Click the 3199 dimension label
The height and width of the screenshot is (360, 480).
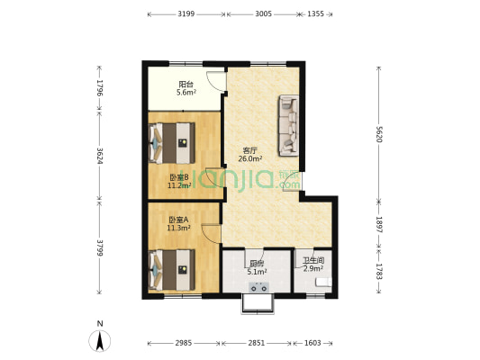(186, 14)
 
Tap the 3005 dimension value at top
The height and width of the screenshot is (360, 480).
(263, 14)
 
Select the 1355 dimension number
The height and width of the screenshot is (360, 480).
(315, 14)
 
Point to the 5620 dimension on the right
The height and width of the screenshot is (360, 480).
(379, 134)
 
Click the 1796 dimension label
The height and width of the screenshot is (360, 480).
(99, 88)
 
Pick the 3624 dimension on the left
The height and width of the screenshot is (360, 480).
(99, 156)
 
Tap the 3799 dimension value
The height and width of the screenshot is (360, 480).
(99, 247)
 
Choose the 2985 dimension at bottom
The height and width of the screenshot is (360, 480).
(184, 343)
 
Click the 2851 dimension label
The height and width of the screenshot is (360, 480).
(257, 343)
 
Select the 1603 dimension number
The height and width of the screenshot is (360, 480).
(312, 343)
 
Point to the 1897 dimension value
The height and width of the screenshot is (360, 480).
(379, 224)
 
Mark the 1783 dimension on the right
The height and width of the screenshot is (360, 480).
(379, 272)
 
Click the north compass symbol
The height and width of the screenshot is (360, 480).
(100, 341)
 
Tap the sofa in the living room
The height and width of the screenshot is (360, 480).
(289, 126)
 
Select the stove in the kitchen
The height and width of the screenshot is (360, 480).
(259, 287)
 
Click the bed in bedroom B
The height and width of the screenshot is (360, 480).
(172, 143)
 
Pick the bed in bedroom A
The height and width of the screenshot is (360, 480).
(172, 270)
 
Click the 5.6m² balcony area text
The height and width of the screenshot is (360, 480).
(186, 93)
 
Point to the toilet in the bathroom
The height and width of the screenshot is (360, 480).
(323, 282)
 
